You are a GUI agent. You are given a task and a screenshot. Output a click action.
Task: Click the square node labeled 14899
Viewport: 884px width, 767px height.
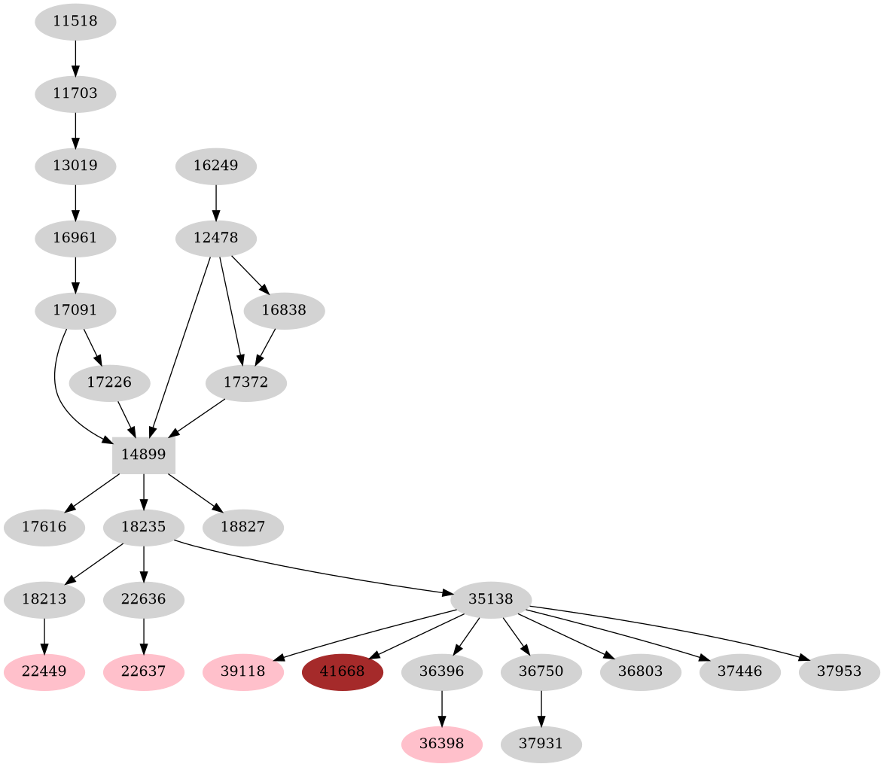[143, 455]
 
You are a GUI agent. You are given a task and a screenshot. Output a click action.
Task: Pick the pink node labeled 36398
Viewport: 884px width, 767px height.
[442, 744]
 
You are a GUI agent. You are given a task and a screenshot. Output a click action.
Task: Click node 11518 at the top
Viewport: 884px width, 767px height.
[75, 22]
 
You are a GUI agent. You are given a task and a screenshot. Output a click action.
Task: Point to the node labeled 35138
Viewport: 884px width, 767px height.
[491, 600]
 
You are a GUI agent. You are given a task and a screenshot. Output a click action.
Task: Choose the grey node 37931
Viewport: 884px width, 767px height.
[541, 744]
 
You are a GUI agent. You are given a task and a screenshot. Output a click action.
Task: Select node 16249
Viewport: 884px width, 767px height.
[216, 166]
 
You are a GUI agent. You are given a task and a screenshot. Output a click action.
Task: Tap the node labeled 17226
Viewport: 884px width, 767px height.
[109, 382]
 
